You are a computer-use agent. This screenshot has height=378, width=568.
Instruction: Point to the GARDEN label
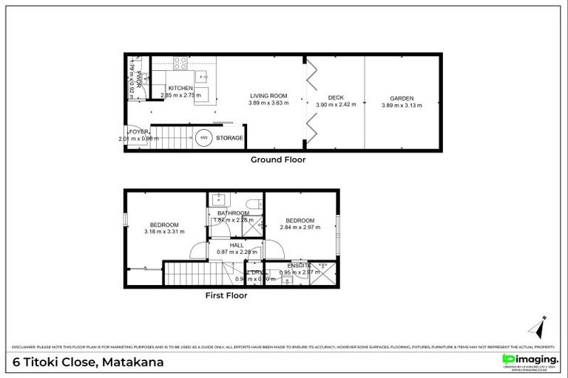[x=402, y=98]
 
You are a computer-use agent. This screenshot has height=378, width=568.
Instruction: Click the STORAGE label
[x=229, y=138]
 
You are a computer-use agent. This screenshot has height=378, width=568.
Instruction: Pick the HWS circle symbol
[x=204, y=137]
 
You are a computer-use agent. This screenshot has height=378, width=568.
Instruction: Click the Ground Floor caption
[x=277, y=159]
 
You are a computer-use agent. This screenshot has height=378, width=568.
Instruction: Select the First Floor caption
[x=226, y=295]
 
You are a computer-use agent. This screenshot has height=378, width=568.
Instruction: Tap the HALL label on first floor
[x=236, y=244]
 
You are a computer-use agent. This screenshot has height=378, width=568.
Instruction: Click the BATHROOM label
[x=233, y=213]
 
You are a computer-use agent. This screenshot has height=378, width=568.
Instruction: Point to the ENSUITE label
[x=300, y=265]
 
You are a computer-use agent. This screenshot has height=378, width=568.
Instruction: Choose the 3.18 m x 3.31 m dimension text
[x=164, y=232]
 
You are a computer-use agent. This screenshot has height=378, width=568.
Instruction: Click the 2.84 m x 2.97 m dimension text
[x=300, y=227]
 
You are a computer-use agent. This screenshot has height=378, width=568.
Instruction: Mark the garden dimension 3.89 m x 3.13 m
[x=402, y=105]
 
